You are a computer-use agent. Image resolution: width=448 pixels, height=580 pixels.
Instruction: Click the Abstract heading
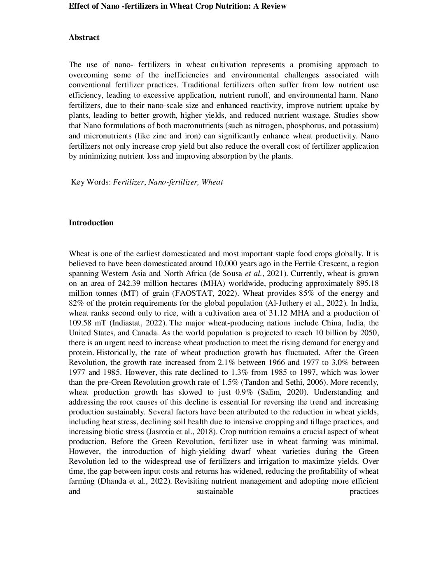coord(84,37)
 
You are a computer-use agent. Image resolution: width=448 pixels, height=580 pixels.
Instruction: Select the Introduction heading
coord(91,223)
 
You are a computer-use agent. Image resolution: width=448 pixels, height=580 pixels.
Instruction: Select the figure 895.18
coord(366,284)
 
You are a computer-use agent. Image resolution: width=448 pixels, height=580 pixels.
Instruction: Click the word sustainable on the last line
coord(215,491)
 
